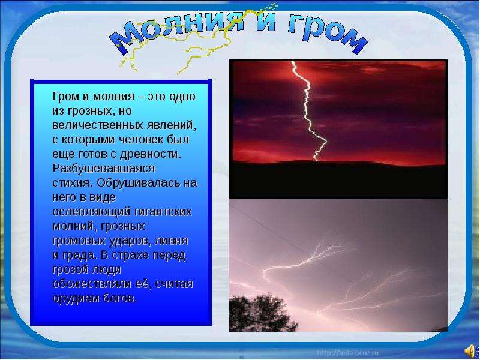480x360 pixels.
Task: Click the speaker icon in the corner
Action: pyautogui.click(x=470, y=350)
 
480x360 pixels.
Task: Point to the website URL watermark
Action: pyautogui.click(x=348, y=353)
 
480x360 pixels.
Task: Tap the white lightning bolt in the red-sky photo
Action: pyautogui.click(x=309, y=111)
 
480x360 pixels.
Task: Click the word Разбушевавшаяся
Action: pyautogui.click(x=104, y=169)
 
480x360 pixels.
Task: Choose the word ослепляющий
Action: pyautogui.click(x=92, y=212)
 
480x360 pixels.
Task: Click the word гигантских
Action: pyautogui.click(x=163, y=212)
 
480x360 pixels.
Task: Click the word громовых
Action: pyautogui.click(x=79, y=241)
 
